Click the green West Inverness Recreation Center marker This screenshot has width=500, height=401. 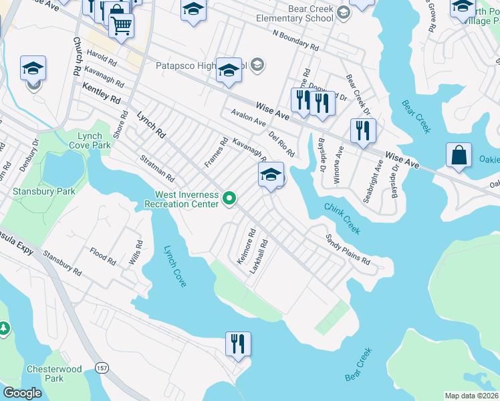[x=230, y=198]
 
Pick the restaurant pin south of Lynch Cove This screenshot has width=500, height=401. [x=238, y=344]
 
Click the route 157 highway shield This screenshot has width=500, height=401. [x=102, y=368]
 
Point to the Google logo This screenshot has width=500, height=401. [x=22, y=393]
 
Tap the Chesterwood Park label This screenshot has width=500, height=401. [x=54, y=374]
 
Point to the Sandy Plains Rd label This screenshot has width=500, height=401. [x=348, y=249]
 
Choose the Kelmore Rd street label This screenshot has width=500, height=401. [x=246, y=247]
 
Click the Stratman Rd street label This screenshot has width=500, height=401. [x=157, y=170]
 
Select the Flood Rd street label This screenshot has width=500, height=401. [x=102, y=255]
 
